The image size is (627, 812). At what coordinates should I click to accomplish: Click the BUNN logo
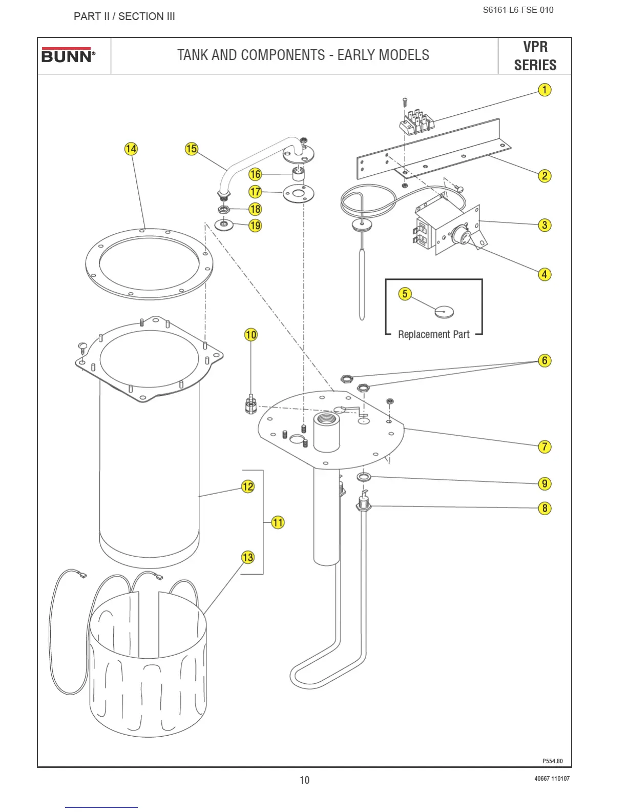[x=68, y=55]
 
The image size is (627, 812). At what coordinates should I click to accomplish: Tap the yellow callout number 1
[x=545, y=90]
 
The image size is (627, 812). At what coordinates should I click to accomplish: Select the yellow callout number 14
[x=131, y=149]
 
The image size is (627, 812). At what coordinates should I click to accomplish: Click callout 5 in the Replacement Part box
[x=405, y=294]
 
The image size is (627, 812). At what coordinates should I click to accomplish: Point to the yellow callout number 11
[x=278, y=522]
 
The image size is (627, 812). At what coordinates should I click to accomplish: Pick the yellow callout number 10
[x=250, y=335]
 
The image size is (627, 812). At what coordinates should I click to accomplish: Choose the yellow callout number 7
[x=545, y=446]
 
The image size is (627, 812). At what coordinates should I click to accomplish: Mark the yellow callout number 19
[x=255, y=226]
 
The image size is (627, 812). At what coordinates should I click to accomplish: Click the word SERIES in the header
[x=535, y=65]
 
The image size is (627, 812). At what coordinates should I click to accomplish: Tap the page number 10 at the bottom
[x=304, y=780]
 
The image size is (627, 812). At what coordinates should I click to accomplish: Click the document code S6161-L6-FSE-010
[x=518, y=10]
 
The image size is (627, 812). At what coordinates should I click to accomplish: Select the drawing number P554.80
[x=552, y=761]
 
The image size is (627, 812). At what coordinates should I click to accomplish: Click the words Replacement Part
[x=433, y=334]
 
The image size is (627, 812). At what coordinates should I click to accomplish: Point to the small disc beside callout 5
[x=444, y=311]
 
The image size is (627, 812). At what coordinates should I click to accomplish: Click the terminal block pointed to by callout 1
[x=418, y=123]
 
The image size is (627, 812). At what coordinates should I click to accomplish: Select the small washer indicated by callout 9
[x=364, y=477]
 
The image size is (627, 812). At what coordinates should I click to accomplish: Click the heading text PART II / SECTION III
[x=124, y=16]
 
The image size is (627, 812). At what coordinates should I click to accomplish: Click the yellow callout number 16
[x=255, y=174]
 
